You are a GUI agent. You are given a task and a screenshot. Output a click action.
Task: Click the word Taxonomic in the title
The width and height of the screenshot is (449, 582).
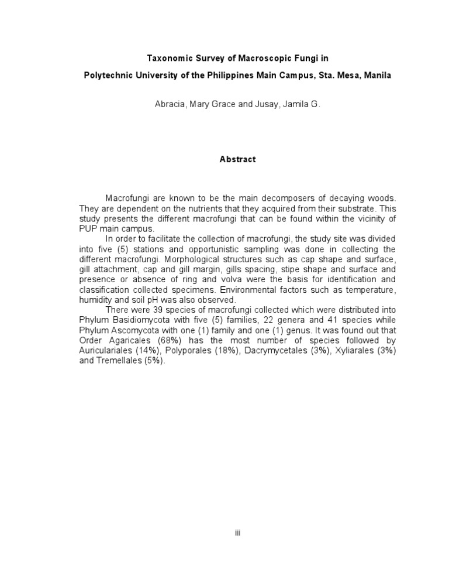click(x=167, y=59)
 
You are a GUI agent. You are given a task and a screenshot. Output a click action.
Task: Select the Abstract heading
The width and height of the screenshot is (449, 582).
click(x=237, y=160)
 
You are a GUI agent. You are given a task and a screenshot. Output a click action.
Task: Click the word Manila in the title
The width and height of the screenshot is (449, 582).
click(x=377, y=76)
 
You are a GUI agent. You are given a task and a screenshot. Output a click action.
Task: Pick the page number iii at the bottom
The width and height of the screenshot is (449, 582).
click(x=237, y=533)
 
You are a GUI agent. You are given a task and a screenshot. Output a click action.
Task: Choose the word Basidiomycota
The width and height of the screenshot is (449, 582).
click(x=139, y=320)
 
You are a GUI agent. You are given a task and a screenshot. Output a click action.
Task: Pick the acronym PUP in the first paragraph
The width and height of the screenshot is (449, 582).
click(x=88, y=228)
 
